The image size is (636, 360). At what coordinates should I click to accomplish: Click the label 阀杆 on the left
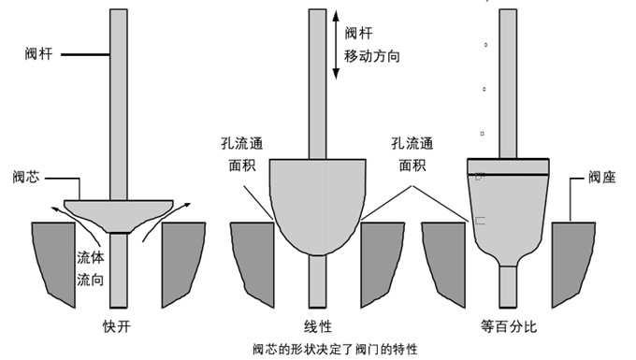pyautogui.click(x=39, y=55)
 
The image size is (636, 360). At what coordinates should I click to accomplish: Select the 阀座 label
pyautogui.click(x=603, y=175)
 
